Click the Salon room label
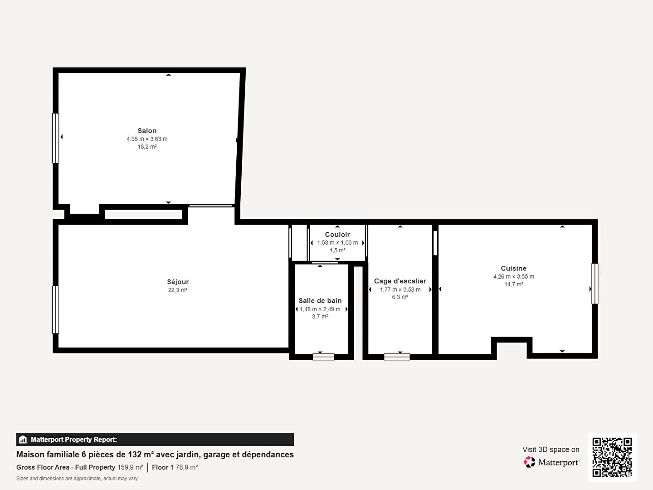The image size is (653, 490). pyautogui.click(x=147, y=131)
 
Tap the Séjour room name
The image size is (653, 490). pyautogui.click(x=178, y=282)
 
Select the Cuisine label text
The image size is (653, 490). pyautogui.click(x=513, y=268)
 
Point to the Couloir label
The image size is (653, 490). pyautogui.click(x=337, y=235)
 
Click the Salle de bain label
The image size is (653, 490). pyautogui.click(x=320, y=301)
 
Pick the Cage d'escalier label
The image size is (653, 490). pyautogui.click(x=400, y=281)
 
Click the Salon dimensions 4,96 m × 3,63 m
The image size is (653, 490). pyautogui.click(x=147, y=139)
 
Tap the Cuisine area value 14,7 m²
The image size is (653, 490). pyautogui.click(x=514, y=284)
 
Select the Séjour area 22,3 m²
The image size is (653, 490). pyautogui.click(x=178, y=290)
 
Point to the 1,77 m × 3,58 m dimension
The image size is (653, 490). pyautogui.click(x=400, y=289)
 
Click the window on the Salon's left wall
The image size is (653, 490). pyautogui.click(x=56, y=138)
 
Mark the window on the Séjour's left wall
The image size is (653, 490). pyautogui.click(x=56, y=310)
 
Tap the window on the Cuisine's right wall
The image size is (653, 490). pyautogui.click(x=595, y=284)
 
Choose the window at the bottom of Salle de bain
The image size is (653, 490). pyautogui.click(x=323, y=357)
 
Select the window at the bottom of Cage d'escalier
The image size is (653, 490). pyautogui.click(x=397, y=357)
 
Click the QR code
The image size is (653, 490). pyautogui.click(x=612, y=457)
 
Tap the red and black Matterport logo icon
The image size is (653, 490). pyautogui.click(x=529, y=462)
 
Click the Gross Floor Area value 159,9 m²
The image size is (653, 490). pyautogui.click(x=130, y=467)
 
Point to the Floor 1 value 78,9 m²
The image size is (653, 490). pyautogui.click(x=186, y=467)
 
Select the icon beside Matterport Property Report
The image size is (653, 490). pyautogui.click(x=23, y=440)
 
